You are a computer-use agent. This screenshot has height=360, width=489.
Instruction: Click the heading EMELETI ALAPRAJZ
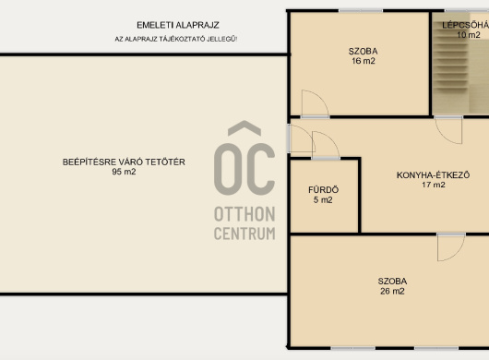(x=178, y=25)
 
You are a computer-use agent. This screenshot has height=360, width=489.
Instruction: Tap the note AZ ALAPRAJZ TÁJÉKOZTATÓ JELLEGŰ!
(x=176, y=39)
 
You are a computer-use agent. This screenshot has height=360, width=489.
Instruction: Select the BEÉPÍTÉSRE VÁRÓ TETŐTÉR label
(x=124, y=162)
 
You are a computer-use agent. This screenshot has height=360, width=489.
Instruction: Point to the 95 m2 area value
(x=124, y=172)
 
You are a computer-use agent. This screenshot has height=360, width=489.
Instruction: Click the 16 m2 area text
(x=364, y=61)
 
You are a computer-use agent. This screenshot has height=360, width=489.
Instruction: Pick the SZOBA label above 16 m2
(x=363, y=51)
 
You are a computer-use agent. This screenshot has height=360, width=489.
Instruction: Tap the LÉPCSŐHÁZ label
(x=465, y=25)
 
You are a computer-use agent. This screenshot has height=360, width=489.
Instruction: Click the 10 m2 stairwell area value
(x=469, y=35)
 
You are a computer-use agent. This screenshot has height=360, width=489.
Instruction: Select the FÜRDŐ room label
(x=324, y=189)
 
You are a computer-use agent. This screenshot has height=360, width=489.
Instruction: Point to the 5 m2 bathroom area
(x=323, y=200)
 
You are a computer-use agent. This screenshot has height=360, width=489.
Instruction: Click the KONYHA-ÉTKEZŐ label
(x=433, y=175)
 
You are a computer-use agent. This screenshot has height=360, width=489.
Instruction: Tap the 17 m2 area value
(x=434, y=185)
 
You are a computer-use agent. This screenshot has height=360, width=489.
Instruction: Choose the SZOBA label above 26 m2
(x=392, y=281)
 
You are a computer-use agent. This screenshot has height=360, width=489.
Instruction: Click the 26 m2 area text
(x=392, y=291)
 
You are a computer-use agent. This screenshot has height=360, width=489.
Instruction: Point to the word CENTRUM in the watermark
(x=244, y=234)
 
